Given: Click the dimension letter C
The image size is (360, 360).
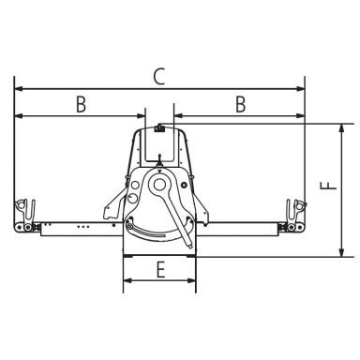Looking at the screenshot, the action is point(159,77).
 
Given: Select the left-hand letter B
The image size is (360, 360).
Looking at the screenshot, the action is point(81,104).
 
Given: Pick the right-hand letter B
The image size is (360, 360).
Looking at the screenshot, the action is point(241,104).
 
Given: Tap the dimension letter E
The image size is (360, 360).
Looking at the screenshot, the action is point(160,270).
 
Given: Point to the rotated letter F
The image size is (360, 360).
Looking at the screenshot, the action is point(328,186).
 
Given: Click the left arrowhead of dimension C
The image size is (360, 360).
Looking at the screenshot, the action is point(19,89).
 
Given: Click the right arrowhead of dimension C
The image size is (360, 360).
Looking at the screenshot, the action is point(300,89).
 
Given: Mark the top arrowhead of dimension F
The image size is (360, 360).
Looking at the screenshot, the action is point(341,128).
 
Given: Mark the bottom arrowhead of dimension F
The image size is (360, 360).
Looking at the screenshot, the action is point(341,252).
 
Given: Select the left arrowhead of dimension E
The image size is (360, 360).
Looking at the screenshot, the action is point(127,280).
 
